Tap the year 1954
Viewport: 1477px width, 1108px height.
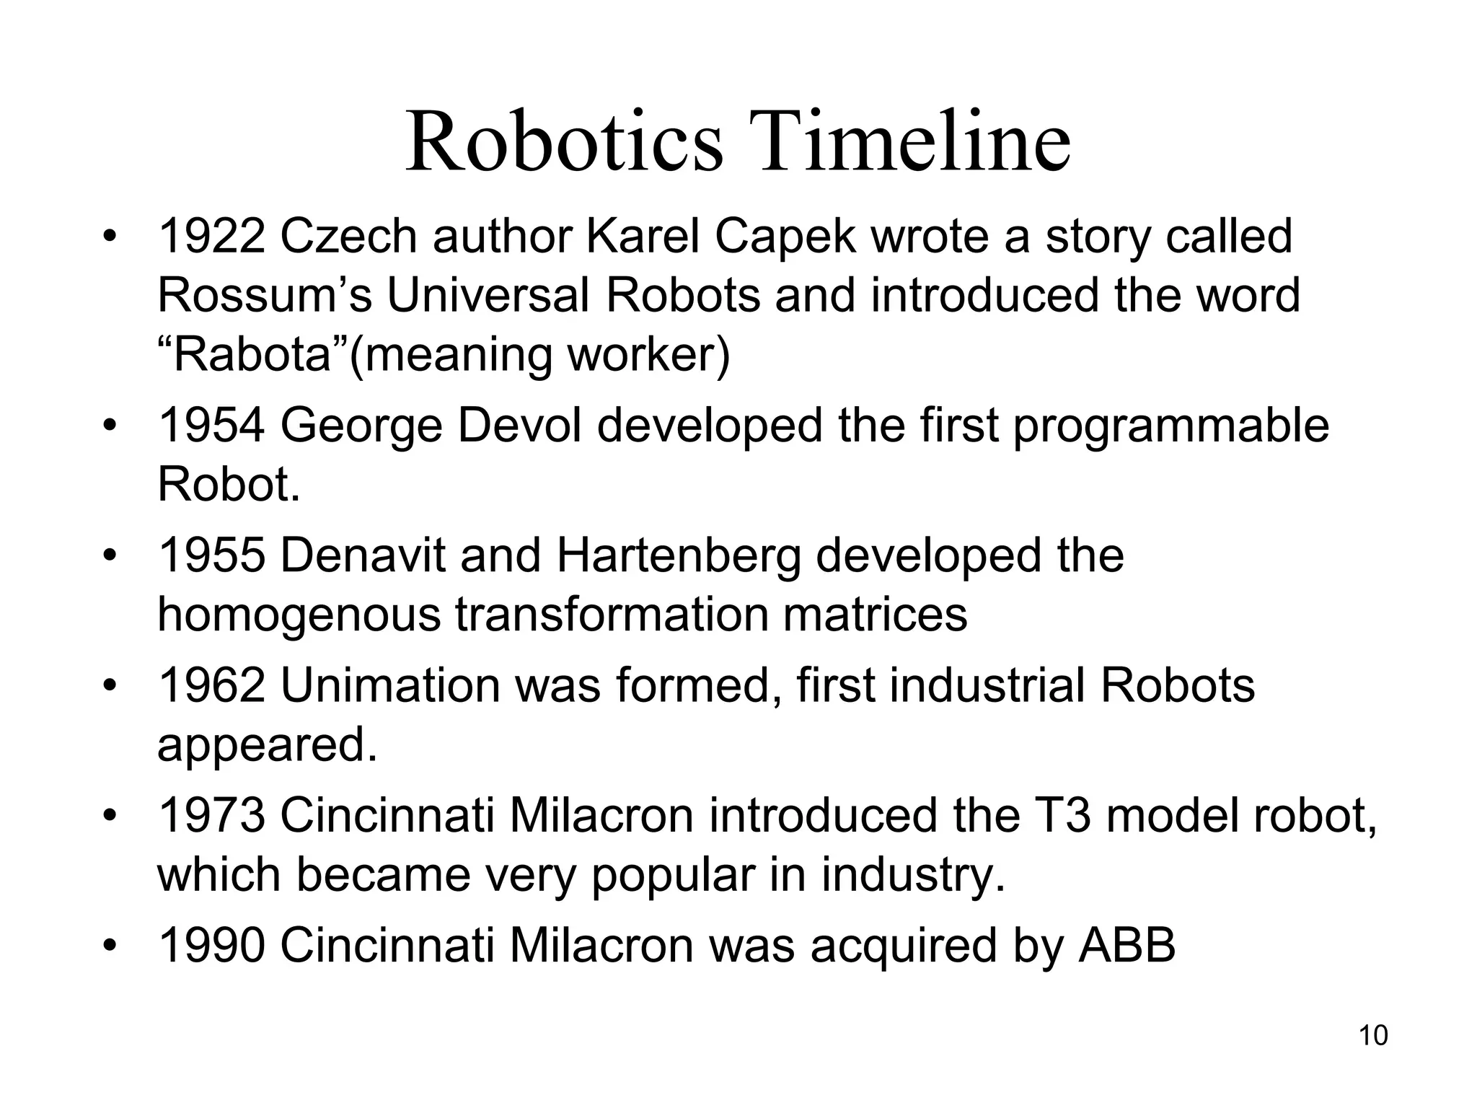(211, 426)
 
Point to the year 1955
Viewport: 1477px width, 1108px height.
(211, 555)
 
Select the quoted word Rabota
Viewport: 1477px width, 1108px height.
(252, 355)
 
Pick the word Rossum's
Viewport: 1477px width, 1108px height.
(265, 296)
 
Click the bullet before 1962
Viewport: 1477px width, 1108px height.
(109, 685)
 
